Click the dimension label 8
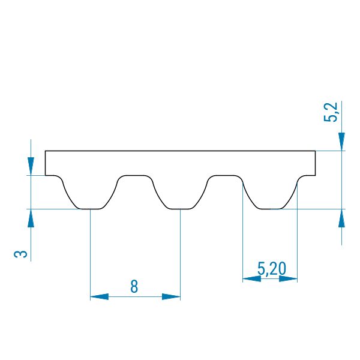click(x=134, y=286)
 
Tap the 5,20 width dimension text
click(x=272, y=268)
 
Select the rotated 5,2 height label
click(x=331, y=112)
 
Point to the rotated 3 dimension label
click(x=20, y=254)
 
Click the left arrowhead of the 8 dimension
click(x=99, y=296)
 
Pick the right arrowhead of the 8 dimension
click(x=171, y=296)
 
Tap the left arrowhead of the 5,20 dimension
click(x=252, y=279)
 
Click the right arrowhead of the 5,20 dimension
click(x=288, y=279)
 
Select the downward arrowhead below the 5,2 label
click(x=341, y=142)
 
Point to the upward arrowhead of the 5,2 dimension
click(x=341, y=218)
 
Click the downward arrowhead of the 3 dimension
click(x=31, y=166)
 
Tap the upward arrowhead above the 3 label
click(x=31, y=218)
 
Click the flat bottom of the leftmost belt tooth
click(x=91, y=209)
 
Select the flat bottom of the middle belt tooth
click(x=180, y=209)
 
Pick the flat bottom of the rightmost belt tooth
click(x=270, y=209)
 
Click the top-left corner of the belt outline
click(x=45, y=151)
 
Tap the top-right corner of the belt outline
click(x=315, y=151)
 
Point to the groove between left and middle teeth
click(x=135, y=176)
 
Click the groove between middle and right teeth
click(x=225, y=176)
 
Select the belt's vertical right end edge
click(x=315, y=163)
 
